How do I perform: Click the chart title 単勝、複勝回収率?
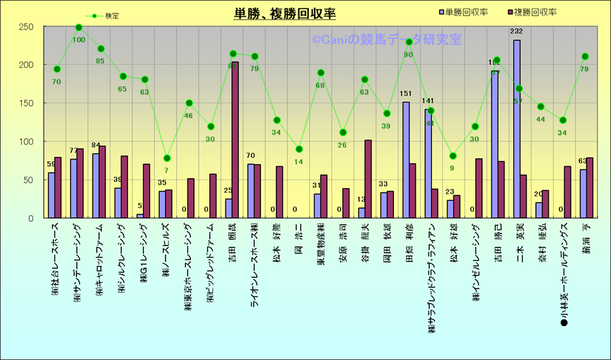click(x=285, y=13)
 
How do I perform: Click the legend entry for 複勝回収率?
click(x=537, y=12)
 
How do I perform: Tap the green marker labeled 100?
click(x=78, y=28)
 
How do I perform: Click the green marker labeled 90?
click(x=409, y=42)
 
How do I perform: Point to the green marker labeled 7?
click(x=167, y=158)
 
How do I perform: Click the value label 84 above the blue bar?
click(x=95, y=146)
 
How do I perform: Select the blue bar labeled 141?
click(x=428, y=163)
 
